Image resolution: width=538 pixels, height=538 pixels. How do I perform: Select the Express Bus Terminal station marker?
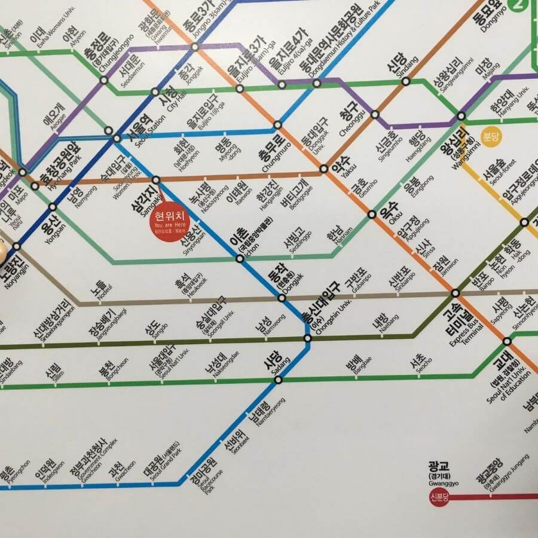pyautogui.click(x=456, y=293)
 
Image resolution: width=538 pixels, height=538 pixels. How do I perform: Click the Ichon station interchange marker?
pyautogui.click(x=240, y=259)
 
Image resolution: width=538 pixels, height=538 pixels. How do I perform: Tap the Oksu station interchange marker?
pyautogui.click(x=371, y=214)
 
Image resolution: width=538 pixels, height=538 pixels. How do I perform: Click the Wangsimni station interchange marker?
pyautogui.click(x=461, y=115)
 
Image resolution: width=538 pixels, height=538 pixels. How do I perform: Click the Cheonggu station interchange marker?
pyautogui.click(x=375, y=114)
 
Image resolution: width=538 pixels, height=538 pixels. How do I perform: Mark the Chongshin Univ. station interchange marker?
pyautogui.click(x=307, y=338)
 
